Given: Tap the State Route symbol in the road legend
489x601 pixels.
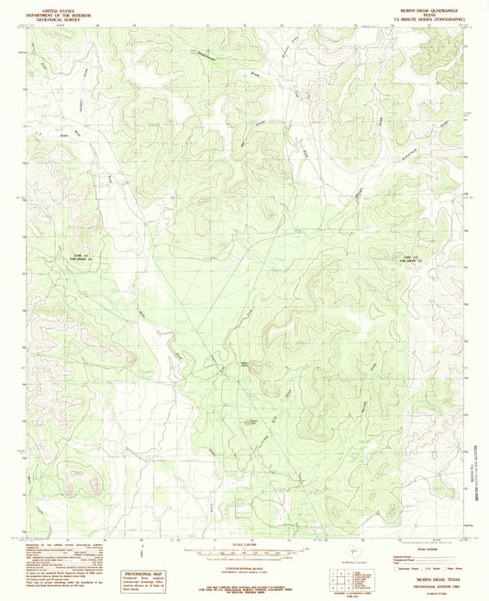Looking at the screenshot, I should pos(448,568).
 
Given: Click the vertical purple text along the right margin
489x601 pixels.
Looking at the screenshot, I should pos(478,468).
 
